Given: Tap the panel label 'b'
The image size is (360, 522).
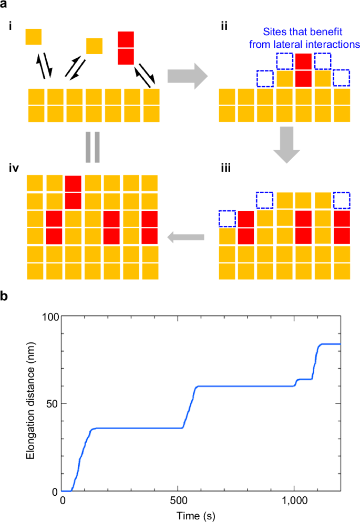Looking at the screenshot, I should (5, 296).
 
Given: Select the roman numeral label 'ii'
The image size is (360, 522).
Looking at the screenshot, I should (224, 27).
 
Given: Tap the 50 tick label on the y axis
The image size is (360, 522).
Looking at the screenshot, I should (52, 403).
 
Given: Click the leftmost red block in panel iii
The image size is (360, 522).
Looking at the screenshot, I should (246, 227).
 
